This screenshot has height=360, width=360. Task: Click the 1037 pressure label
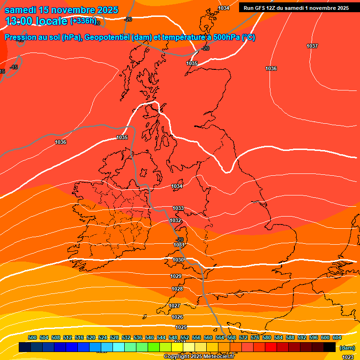pyautogui.click(x=312, y=46)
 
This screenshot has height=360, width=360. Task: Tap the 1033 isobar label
pyautogui.click(x=178, y=208)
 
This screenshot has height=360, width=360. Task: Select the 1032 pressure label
pyautogui.click(x=175, y=220)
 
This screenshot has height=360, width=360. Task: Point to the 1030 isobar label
pyautogui.click(x=178, y=260)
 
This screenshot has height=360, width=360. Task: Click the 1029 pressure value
pyautogui.click(x=176, y=276)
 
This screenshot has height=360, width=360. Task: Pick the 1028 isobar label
pyautogui.click(x=177, y=289)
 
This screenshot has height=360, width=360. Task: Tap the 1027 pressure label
pyautogui.click(x=174, y=306)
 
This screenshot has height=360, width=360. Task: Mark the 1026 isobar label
pyautogui.click(x=177, y=317)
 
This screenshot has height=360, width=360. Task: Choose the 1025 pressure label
pyautogui.click(x=181, y=327)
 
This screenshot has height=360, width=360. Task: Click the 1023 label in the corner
pyautogui.click(x=348, y=357)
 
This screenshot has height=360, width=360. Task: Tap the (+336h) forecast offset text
pyautogui.click(x=83, y=21)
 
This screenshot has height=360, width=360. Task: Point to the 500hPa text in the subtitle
pyautogui.click(x=224, y=37)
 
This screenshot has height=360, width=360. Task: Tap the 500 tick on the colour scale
pyautogui.click(x=32, y=337)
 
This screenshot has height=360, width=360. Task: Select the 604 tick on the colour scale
pyautogui.click(x=337, y=337)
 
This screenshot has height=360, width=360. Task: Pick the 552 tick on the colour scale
pyautogui.click(x=185, y=337)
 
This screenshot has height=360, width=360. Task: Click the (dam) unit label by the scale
pyautogui.click(x=346, y=348)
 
